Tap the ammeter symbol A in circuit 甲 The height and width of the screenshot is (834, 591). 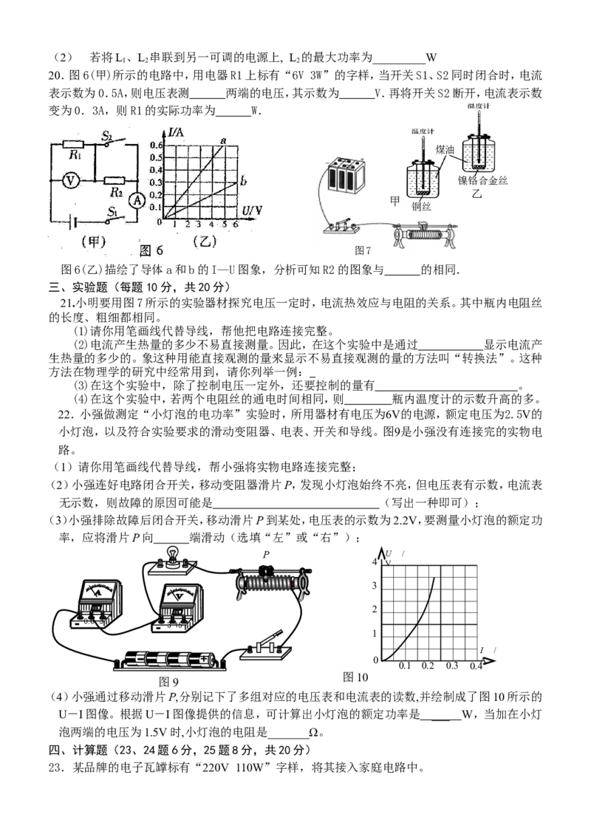click(137, 200)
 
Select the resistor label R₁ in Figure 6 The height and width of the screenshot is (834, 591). click(75, 156)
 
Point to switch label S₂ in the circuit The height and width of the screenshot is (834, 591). click(107, 136)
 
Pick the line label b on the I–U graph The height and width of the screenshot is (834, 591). click(243, 182)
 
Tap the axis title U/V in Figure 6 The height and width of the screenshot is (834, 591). click(252, 211)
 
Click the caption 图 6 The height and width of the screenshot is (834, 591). click(151, 250)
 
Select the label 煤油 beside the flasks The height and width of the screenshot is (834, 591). click(445, 150)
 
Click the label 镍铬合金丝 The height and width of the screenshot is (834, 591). click(482, 181)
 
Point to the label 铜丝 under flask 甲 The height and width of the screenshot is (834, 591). click(421, 206)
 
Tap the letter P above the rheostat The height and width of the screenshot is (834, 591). click(267, 554)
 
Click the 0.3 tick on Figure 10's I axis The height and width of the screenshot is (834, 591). click(451, 666)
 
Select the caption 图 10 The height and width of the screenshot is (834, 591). click(355, 677)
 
